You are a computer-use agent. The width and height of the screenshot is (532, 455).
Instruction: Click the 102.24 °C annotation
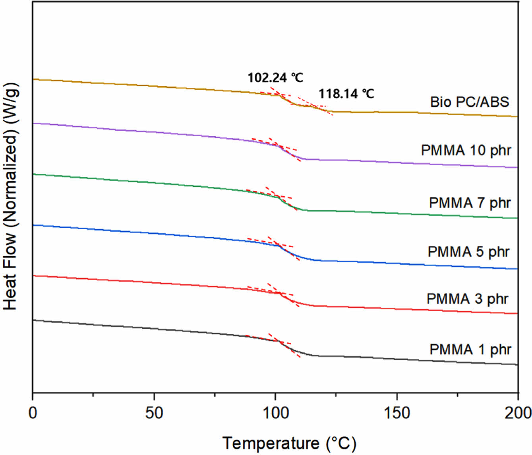coord(275,77)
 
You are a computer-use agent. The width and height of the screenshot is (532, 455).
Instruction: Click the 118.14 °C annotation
coord(346,94)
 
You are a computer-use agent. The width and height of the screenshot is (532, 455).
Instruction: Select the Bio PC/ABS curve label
coord(469,102)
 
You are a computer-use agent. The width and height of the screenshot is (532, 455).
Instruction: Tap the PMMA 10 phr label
coord(466,151)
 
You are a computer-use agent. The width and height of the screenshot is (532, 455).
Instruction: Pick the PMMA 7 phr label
coord(470,203)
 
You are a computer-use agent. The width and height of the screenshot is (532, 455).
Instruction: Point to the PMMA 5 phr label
coord(468,252)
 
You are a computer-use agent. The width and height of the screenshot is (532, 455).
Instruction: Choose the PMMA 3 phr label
coord(468,299)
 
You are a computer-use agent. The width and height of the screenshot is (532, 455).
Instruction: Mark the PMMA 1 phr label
coord(470,350)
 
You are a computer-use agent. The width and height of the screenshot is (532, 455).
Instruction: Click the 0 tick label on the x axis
coord(33,413)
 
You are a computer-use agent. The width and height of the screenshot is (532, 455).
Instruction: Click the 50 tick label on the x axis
coord(154,413)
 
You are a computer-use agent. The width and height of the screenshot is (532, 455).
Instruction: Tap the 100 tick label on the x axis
coord(275,413)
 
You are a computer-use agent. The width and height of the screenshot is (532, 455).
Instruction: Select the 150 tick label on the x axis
coord(397,413)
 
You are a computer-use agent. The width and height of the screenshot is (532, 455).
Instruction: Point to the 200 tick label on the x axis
coord(518,413)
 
